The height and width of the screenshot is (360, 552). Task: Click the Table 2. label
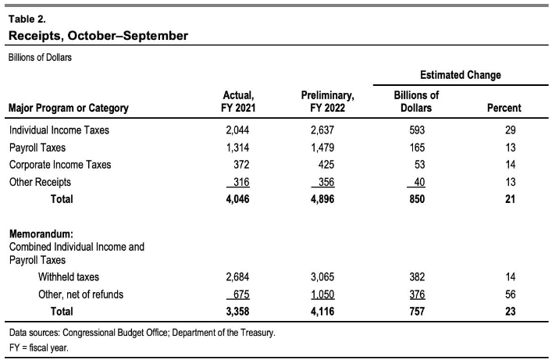(27, 19)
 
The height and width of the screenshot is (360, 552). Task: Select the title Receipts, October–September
(98, 36)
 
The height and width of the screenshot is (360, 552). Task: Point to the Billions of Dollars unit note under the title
(40, 58)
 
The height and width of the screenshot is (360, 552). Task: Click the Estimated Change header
(461, 75)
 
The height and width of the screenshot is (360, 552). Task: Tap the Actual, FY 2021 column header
(238, 102)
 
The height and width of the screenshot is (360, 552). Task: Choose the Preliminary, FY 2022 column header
(327, 102)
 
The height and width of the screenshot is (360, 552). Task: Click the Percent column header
(504, 108)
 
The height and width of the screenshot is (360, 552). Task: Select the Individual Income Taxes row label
(59, 130)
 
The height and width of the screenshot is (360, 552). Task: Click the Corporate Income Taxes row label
(60, 165)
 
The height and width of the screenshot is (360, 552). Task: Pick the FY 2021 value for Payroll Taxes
(237, 148)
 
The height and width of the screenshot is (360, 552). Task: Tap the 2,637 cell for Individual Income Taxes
(322, 130)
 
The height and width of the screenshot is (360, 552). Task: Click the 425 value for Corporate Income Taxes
(326, 165)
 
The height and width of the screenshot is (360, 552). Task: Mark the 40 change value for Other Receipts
(419, 182)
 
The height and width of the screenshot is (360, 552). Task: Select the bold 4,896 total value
(322, 199)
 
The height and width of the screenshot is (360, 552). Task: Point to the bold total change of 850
(417, 199)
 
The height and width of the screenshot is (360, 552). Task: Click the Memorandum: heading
(41, 234)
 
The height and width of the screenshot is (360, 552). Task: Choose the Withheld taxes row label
(68, 277)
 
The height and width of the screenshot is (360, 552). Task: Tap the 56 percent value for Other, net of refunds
(510, 294)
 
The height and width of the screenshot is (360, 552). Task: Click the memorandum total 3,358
(237, 312)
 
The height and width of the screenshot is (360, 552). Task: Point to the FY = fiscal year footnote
(39, 348)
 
